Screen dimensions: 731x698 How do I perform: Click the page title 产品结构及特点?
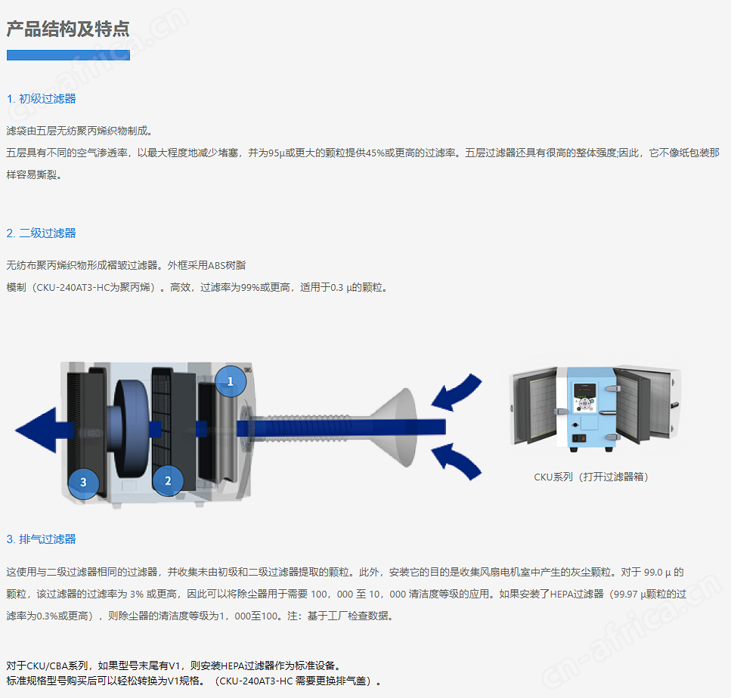point(68,29)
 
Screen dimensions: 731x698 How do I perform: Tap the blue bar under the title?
point(68,55)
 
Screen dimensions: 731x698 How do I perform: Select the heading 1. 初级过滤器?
point(41,99)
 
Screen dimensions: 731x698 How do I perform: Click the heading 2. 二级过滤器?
point(41,233)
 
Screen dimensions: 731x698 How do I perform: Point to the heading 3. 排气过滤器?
point(41,539)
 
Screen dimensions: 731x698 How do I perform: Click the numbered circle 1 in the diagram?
point(231,381)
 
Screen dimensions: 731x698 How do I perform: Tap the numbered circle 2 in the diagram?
point(168,480)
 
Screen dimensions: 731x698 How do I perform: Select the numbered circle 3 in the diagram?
point(83,482)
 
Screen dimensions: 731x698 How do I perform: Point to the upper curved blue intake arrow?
point(457,392)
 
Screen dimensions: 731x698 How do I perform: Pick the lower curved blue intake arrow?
point(457,462)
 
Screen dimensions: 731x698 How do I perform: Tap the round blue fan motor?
point(131,428)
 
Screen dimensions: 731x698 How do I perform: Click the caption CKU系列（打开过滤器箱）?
point(591,477)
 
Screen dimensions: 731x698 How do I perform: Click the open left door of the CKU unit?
point(534,406)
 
